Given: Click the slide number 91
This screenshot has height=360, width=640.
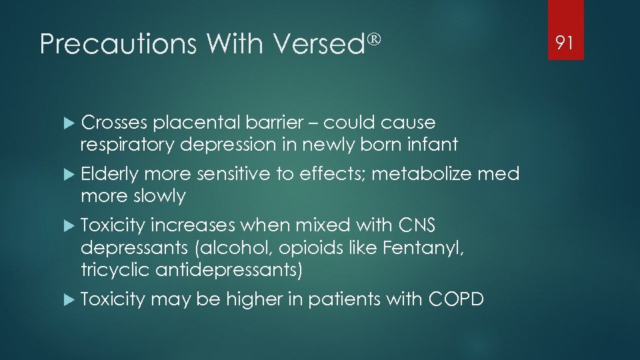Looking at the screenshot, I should point(565,43).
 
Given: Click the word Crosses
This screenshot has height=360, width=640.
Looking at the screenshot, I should point(114,123).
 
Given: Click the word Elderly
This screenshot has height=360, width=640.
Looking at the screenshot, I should point(109,175).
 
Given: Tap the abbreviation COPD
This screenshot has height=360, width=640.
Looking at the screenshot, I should point(456,300).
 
